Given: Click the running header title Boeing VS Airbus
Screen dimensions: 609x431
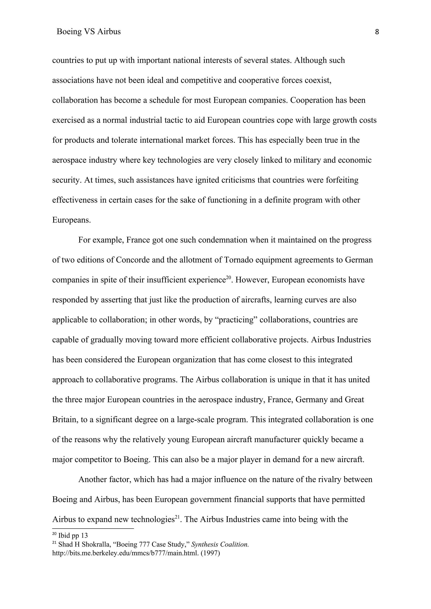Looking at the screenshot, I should coord(88,32).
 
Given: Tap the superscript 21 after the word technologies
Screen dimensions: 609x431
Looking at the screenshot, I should coord(177,517).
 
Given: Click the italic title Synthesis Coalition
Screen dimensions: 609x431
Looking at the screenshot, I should coord(220,544).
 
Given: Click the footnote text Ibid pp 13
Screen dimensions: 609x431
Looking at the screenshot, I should coord(73,535).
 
